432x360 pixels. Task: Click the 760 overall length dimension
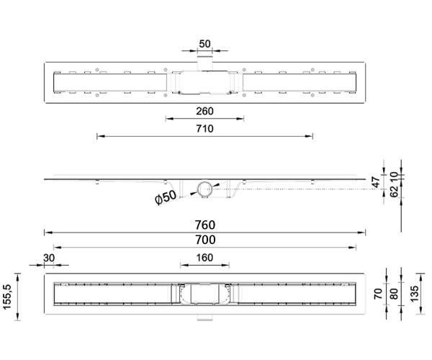205,225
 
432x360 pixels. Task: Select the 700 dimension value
205,240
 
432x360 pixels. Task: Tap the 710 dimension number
204,129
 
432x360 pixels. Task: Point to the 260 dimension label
204,112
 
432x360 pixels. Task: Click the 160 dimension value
204,258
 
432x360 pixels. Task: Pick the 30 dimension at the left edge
49,258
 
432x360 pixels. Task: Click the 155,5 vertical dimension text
6,297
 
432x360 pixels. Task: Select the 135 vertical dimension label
414,294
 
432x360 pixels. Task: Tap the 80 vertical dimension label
395,294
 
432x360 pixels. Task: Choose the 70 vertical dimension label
378,294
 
